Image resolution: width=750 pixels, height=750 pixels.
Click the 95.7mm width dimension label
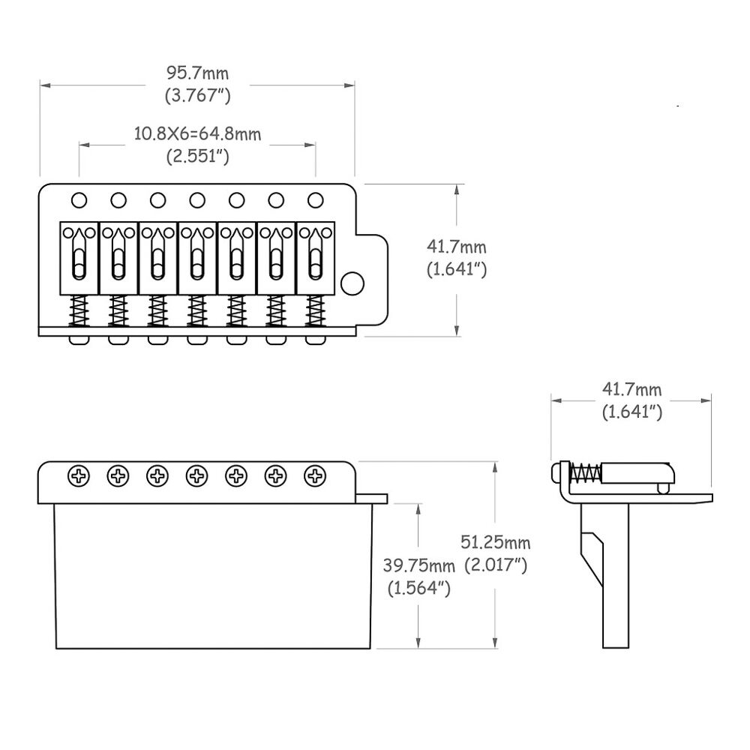tap(197, 73)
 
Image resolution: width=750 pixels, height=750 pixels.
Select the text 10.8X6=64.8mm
tap(197, 134)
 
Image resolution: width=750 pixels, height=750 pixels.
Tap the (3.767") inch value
tap(197, 96)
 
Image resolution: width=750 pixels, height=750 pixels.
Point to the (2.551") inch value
tap(197, 157)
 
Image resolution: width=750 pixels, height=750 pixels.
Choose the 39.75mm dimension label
tap(419, 564)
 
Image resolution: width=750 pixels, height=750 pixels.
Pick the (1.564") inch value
tap(419, 588)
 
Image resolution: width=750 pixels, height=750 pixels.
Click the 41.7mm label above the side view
tap(631, 388)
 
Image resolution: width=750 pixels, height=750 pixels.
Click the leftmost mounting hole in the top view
tap(79, 199)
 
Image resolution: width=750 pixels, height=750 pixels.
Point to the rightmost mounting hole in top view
tap(315, 199)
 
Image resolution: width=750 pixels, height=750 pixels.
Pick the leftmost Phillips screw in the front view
tap(79, 475)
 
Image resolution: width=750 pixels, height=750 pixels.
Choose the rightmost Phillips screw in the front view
tap(315, 475)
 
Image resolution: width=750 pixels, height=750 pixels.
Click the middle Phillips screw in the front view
tap(197, 475)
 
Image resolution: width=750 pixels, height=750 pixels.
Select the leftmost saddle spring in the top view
tap(79, 311)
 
